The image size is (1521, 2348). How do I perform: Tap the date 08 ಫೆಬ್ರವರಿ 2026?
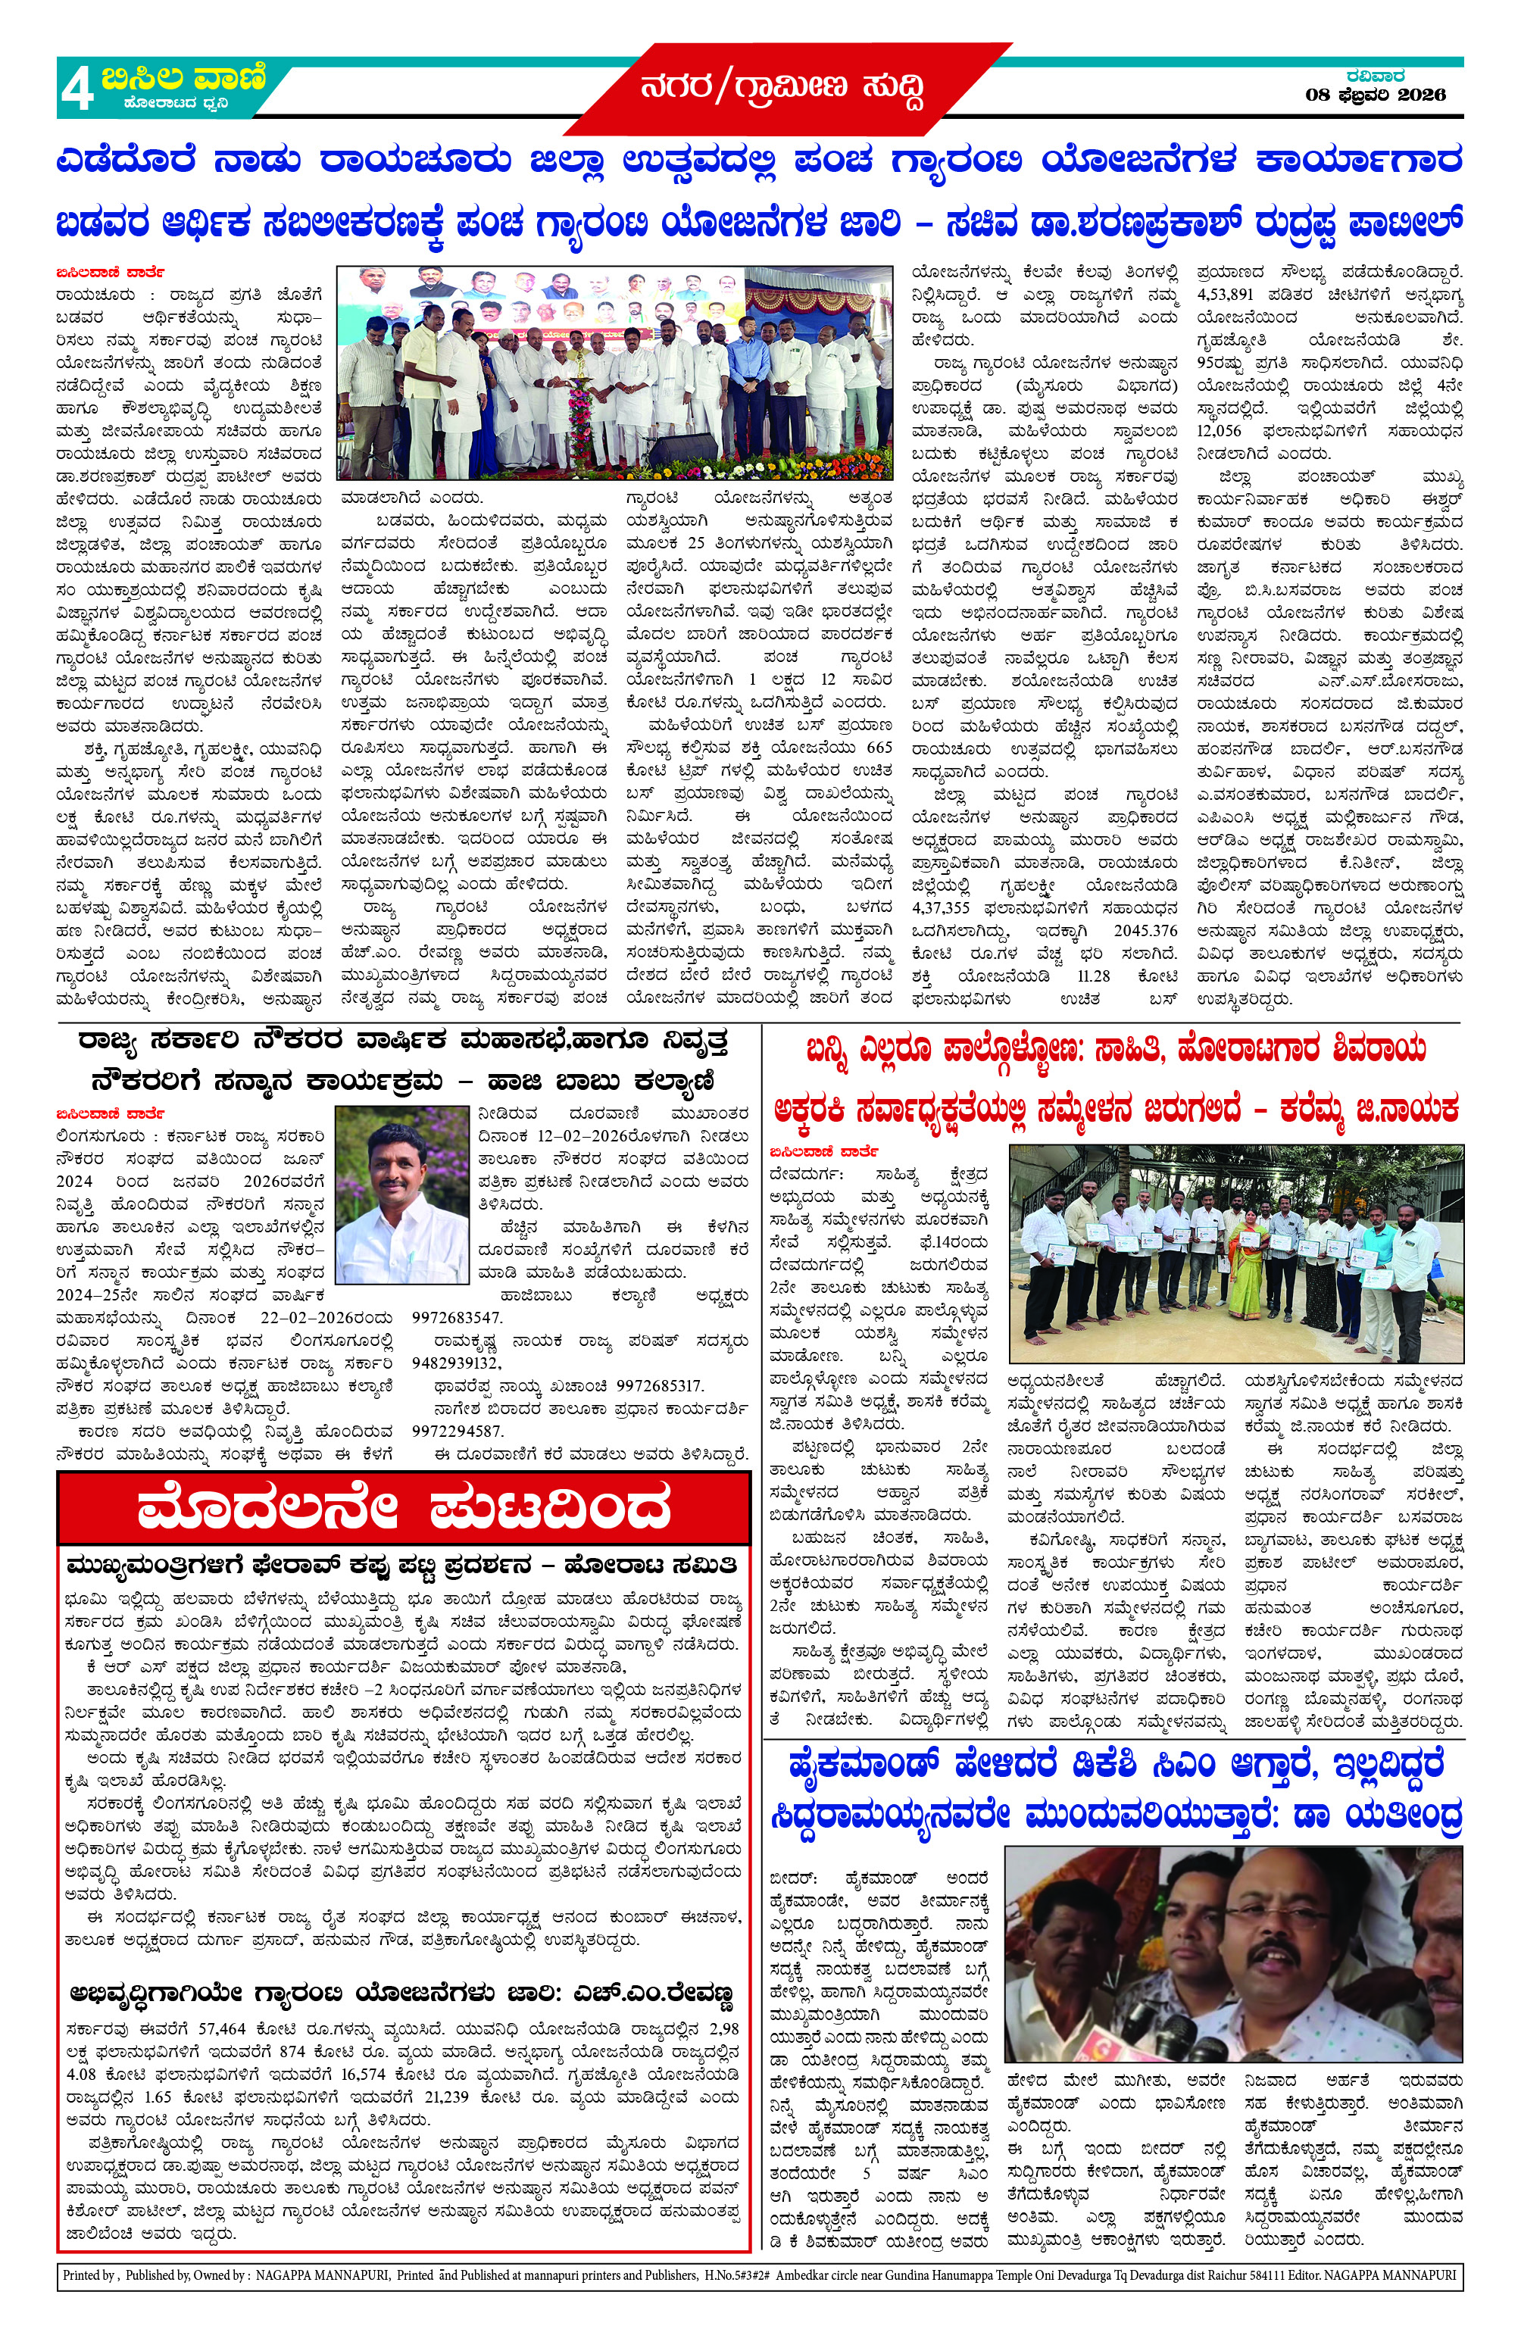(1375, 95)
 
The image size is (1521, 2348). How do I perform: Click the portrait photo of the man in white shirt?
(401, 1194)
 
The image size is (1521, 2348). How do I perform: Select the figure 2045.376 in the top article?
(1145, 930)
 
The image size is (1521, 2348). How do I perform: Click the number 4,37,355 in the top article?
(941, 907)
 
